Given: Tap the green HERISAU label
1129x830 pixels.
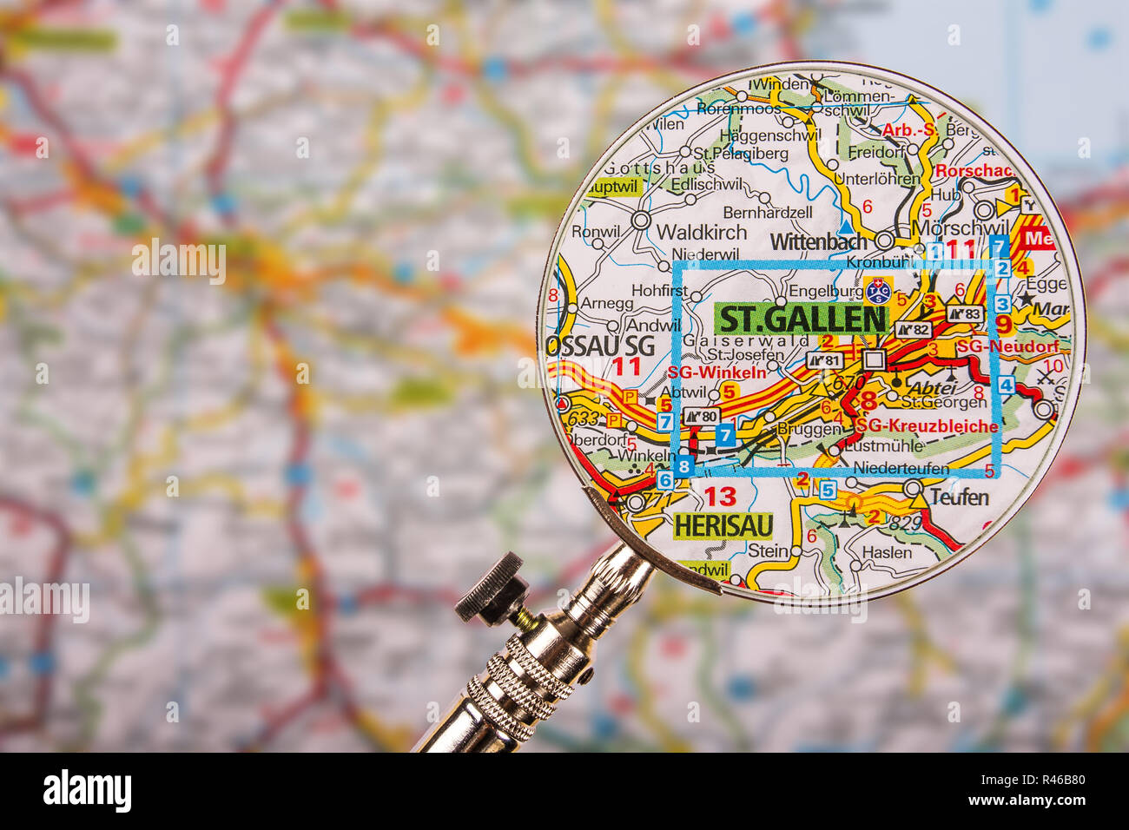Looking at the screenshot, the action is click(x=723, y=525).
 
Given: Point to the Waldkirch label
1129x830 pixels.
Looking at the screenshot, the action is click(x=701, y=232).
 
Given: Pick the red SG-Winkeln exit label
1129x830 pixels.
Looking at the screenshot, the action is click(x=717, y=372).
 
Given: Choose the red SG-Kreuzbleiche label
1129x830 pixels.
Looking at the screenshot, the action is click(x=927, y=426).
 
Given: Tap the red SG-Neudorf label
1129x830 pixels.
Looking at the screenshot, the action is click(x=1007, y=346).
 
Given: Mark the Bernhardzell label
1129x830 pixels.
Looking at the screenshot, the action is click(x=767, y=212).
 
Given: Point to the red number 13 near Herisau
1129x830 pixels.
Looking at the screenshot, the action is click(x=720, y=497).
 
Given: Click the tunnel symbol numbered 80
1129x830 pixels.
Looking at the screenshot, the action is click(x=702, y=417).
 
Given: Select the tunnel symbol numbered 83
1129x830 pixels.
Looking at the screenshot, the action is click(x=964, y=313).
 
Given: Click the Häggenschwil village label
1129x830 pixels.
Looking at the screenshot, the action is click(x=769, y=135).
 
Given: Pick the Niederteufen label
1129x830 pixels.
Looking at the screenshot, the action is click(x=900, y=469).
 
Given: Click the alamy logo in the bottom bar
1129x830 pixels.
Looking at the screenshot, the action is click(x=88, y=791).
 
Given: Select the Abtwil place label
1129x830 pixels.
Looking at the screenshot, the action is click(x=683, y=392).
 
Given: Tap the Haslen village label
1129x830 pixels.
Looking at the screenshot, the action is click(x=886, y=552).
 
